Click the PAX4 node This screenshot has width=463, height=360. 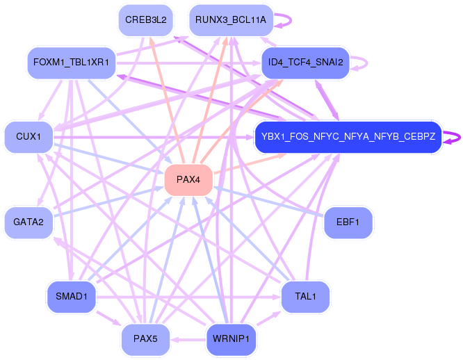tap(188, 180)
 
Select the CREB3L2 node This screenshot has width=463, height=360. tap(145, 19)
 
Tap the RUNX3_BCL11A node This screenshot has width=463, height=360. tap(231, 19)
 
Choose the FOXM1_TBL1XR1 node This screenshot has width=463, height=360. tap(71, 62)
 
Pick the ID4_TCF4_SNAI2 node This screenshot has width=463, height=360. tap(305, 62)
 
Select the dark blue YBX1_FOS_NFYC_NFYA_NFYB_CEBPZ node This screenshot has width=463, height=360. tap(348, 137)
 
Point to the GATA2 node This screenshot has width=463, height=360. tap(29, 222)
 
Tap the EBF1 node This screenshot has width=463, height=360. tap(348, 222)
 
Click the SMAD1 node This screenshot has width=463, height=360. tap(71, 297)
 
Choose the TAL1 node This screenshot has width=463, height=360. tap(305, 297)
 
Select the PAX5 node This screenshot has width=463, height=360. tap(145, 340)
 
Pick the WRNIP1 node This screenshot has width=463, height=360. tap(231, 340)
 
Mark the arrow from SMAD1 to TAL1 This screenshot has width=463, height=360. tap(188, 297)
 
